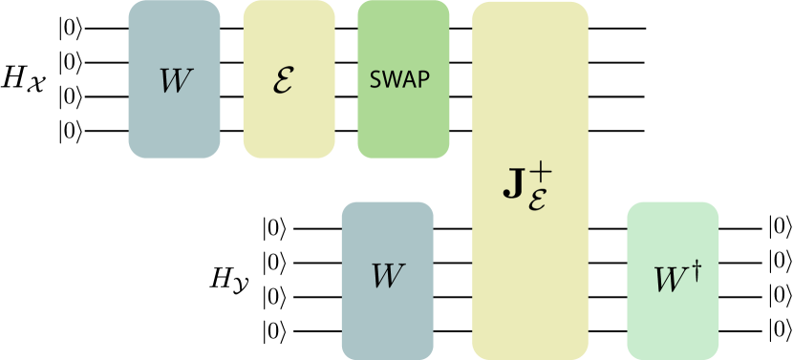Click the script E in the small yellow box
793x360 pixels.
[x=284, y=81]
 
